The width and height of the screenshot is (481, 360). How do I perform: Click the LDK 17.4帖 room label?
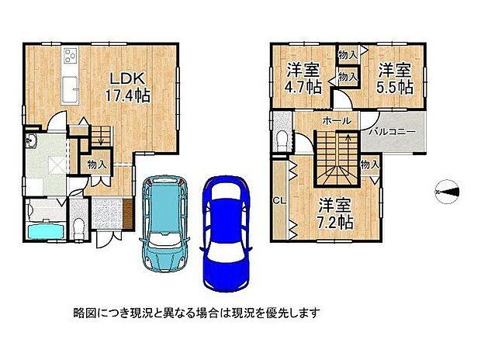click(x=127, y=86)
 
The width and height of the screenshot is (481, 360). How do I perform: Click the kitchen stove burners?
click(x=71, y=56)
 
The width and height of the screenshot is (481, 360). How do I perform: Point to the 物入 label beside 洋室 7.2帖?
click(x=369, y=164)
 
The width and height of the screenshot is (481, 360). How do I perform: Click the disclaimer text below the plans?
click(x=196, y=314)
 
